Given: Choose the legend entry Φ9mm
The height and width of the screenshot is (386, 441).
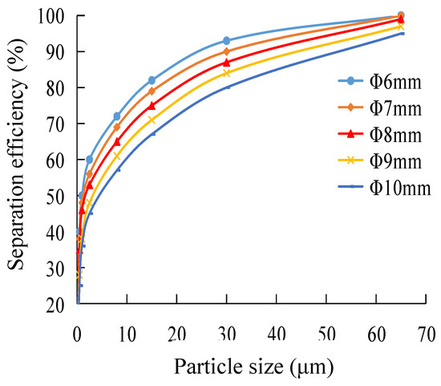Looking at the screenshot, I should coord(386,164).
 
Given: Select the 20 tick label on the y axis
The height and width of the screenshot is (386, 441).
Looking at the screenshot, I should coord(56,305).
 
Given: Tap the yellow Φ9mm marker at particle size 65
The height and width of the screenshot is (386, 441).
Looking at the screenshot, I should coord(401,26).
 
